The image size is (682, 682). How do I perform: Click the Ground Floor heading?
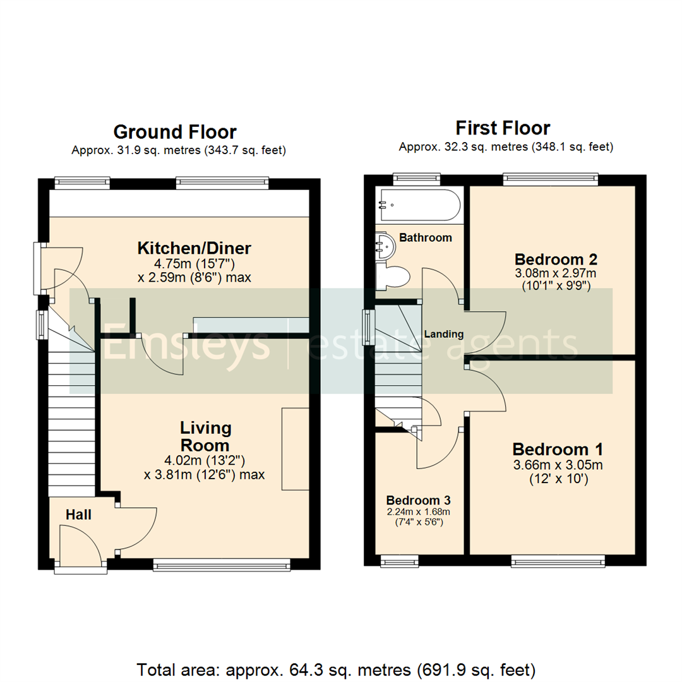point(175,132)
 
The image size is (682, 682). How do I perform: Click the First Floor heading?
point(503,128)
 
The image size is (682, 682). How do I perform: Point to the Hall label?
point(79,515)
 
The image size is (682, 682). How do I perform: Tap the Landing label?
point(443,334)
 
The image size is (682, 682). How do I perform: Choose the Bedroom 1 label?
point(557,450)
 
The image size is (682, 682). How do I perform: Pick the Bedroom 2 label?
point(556,259)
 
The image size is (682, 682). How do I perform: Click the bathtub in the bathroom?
point(418,205)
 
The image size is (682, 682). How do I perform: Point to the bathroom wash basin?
point(385,244)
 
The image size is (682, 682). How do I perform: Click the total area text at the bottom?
point(337,669)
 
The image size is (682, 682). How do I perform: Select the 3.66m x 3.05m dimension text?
point(557,466)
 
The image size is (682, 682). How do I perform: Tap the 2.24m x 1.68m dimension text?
point(417,511)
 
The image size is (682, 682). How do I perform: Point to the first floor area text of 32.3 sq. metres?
point(505,147)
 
